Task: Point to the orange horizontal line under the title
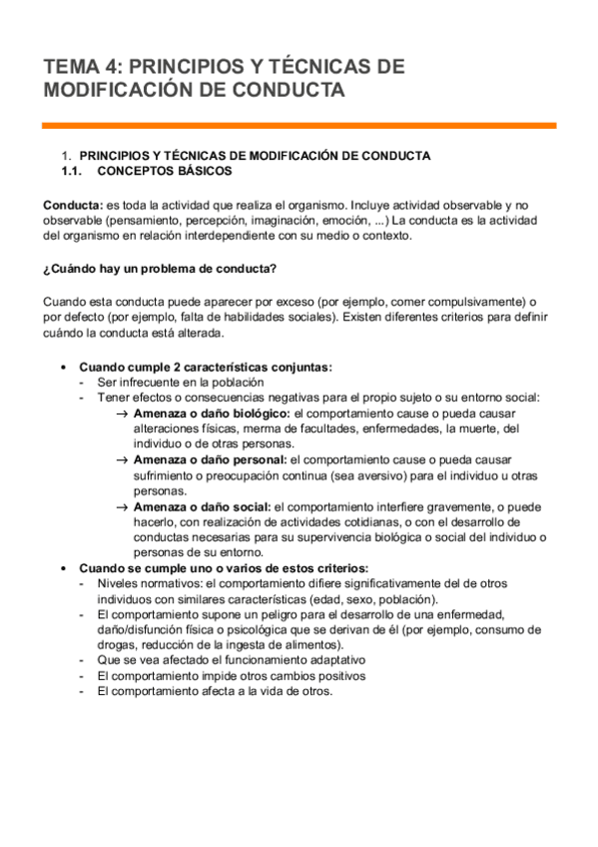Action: [x=299, y=126]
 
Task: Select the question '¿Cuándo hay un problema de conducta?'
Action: [x=160, y=269]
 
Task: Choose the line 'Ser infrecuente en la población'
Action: [x=180, y=383]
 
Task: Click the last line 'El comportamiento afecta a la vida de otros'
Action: [x=215, y=691]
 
